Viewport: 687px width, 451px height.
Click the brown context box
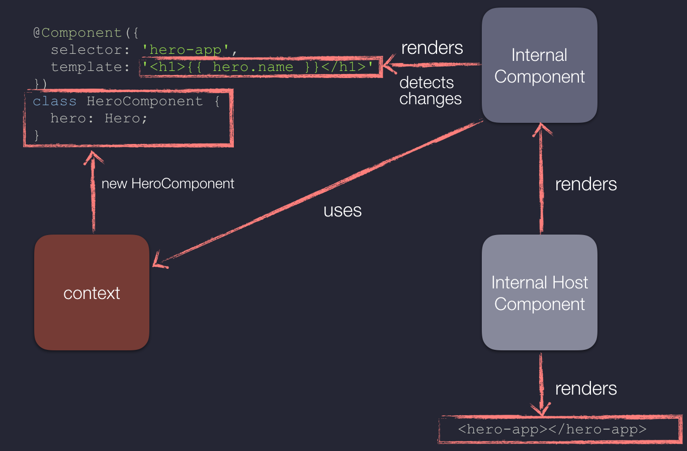92,292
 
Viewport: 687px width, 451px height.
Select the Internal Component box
540,65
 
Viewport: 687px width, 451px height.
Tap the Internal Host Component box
540,292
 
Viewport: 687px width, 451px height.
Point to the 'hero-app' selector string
186,50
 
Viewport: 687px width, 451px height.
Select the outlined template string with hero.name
261,66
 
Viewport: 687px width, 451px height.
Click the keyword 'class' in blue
55,101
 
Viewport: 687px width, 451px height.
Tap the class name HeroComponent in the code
144,101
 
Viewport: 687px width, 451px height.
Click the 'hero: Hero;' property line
99,118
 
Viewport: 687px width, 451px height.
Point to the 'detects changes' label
431,91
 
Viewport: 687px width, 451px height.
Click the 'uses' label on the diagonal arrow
342,210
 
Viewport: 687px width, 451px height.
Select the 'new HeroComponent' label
168,184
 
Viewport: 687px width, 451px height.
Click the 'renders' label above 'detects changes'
432,48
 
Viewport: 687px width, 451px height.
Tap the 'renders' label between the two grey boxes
586,184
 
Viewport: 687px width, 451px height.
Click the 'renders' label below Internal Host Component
586,389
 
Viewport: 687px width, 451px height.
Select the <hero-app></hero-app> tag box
560,429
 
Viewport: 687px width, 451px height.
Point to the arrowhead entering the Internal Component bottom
541,128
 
